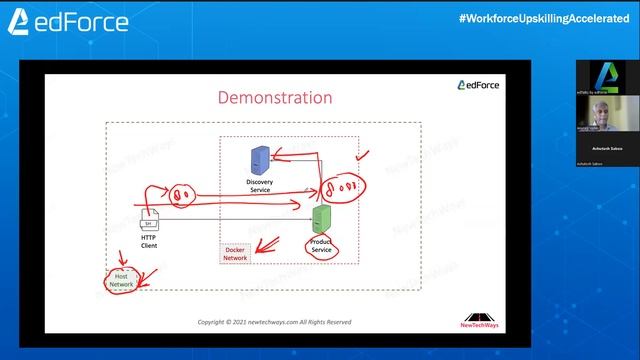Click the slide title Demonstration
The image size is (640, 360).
275,98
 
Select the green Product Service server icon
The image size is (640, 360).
321,217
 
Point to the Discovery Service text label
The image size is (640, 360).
259,185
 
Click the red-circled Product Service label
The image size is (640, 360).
322,246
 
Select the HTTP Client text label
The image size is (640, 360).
149,242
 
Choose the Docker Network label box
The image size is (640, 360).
235,254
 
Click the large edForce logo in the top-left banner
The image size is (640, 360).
69,20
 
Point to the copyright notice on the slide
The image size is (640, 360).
274,322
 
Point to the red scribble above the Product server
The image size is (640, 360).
337,185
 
